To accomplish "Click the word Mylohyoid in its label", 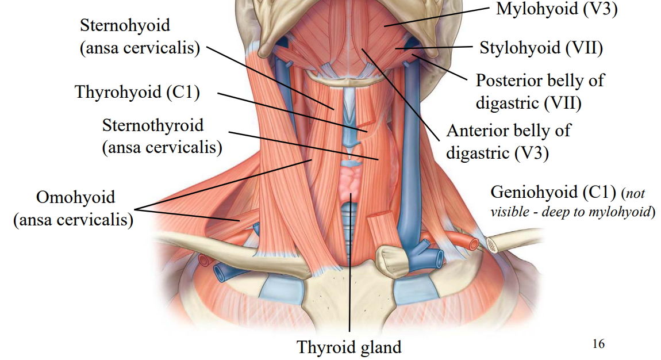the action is point(537,9).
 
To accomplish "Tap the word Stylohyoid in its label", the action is point(520,48).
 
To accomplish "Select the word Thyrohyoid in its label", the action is point(118,93).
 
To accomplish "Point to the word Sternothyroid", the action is point(152,125).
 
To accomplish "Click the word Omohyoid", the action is point(75,197).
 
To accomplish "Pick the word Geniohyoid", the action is point(534,193).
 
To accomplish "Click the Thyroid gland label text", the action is point(349,347).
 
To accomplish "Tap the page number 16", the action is point(598,344).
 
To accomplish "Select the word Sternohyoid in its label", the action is point(125,25).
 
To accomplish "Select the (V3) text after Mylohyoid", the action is point(600,9).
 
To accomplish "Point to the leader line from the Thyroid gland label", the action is point(350,262).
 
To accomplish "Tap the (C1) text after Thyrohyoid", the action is point(183,93).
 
